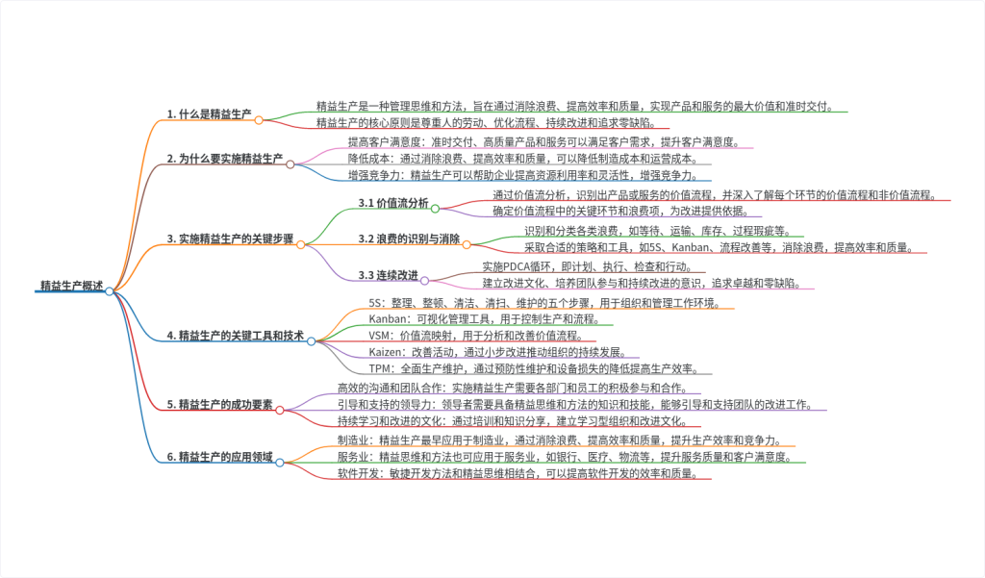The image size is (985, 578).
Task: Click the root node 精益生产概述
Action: tap(71, 285)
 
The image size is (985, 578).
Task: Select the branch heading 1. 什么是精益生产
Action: tap(209, 113)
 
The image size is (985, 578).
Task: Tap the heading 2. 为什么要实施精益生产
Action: tap(225, 158)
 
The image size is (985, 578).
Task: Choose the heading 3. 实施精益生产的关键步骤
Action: tap(231, 239)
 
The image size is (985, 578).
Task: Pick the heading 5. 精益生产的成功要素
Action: tap(219, 404)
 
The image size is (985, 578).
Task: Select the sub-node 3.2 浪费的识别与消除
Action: tap(409, 239)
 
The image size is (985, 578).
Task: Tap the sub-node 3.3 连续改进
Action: tap(389, 276)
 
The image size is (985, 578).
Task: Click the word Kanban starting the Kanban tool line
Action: tap(389, 318)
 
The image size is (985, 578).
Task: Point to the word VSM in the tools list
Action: tap(381, 335)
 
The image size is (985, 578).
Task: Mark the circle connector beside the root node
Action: tap(110, 290)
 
